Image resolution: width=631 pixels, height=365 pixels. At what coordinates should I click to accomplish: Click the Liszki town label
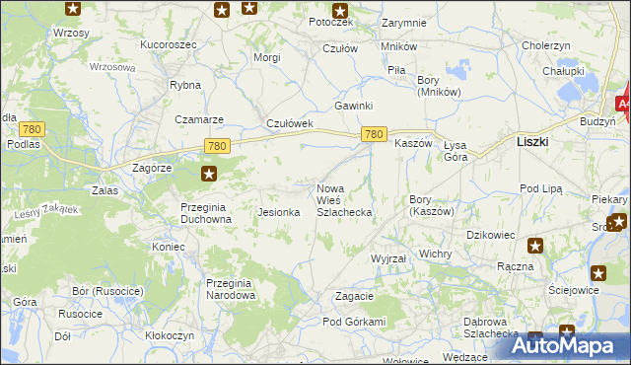point(532,142)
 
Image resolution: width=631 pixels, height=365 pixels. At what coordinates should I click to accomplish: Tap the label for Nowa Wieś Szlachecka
point(343,200)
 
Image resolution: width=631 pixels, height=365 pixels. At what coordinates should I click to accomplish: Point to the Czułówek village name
point(290,123)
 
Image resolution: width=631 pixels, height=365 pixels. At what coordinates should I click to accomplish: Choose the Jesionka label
point(278,212)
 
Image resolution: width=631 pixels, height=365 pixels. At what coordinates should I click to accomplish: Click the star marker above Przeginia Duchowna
point(209,175)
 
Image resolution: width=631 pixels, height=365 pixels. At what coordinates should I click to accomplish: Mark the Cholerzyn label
point(546,45)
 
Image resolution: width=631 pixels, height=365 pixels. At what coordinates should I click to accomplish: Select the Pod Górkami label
point(353,322)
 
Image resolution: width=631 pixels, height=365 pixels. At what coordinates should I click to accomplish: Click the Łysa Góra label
point(456,151)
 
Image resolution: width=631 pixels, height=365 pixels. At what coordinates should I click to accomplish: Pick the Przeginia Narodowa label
point(230,289)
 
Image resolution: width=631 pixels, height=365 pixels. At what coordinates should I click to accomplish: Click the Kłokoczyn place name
point(170,335)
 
